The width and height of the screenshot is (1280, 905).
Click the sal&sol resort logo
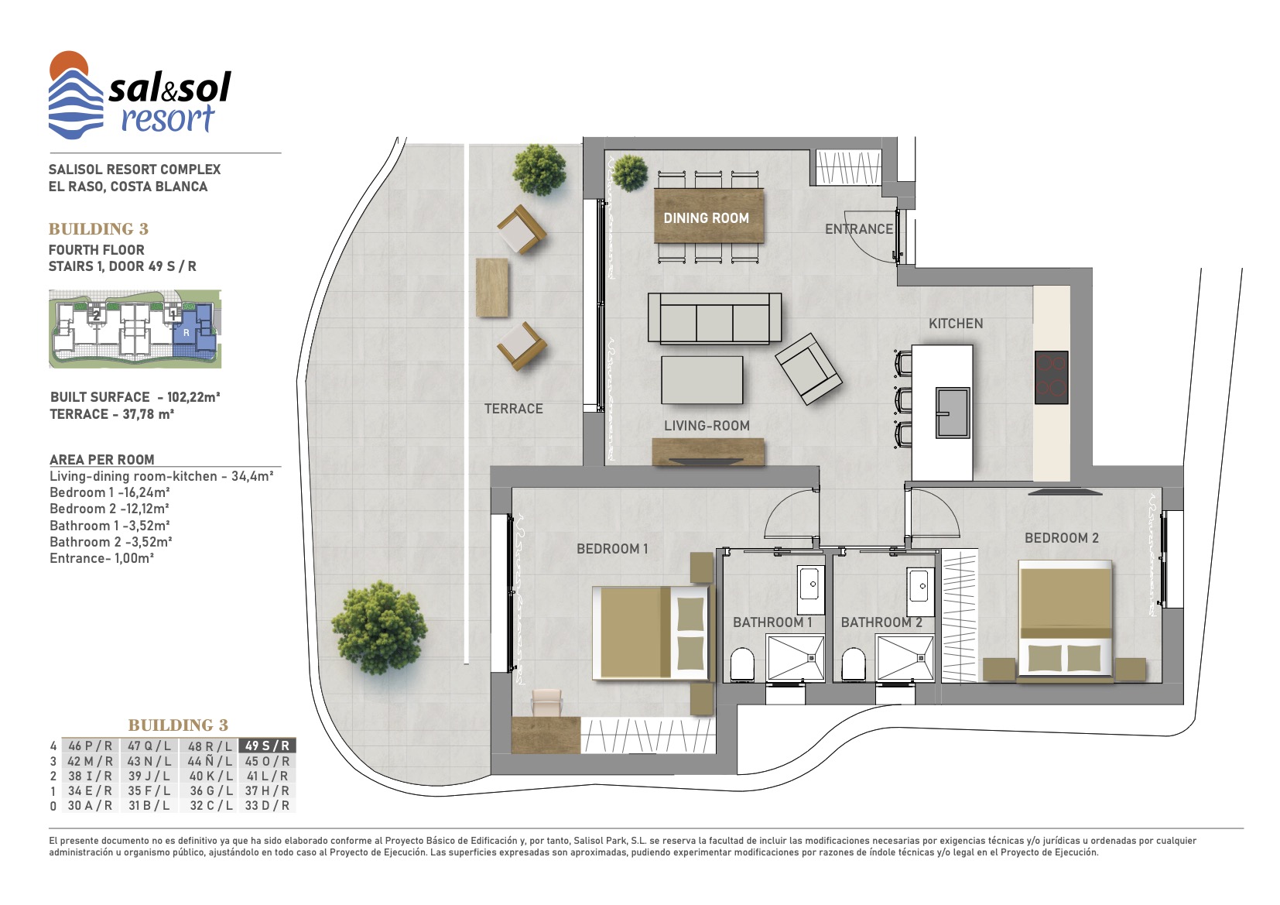pos(139,95)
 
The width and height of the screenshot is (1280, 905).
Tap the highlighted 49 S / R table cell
pos(267,746)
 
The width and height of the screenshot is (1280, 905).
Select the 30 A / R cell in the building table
pos(90,806)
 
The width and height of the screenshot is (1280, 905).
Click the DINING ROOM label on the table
pos(706,218)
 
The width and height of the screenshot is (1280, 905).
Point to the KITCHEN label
pos(956,324)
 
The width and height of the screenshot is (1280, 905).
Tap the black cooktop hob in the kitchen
pos(1051,377)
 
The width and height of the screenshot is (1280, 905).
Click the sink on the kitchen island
pos(952,413)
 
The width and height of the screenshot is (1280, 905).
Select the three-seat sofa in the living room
pos(714,318)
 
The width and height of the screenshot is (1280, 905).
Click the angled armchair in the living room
pos(808,369)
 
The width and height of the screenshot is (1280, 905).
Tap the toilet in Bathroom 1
pos(742,664)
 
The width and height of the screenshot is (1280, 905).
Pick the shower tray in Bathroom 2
pos(905,659)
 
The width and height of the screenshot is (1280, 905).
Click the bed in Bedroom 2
pos(1065,622)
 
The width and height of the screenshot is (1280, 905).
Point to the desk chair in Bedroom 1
pos(547,703)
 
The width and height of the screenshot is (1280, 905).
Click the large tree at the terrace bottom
pos(379,628)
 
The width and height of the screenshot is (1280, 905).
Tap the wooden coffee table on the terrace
pos(491,287)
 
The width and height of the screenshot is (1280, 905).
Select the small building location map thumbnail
pos(135,329)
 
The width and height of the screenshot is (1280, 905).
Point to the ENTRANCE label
pos(858,229)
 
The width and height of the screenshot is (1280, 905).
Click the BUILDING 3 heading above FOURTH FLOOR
pos(98,229)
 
